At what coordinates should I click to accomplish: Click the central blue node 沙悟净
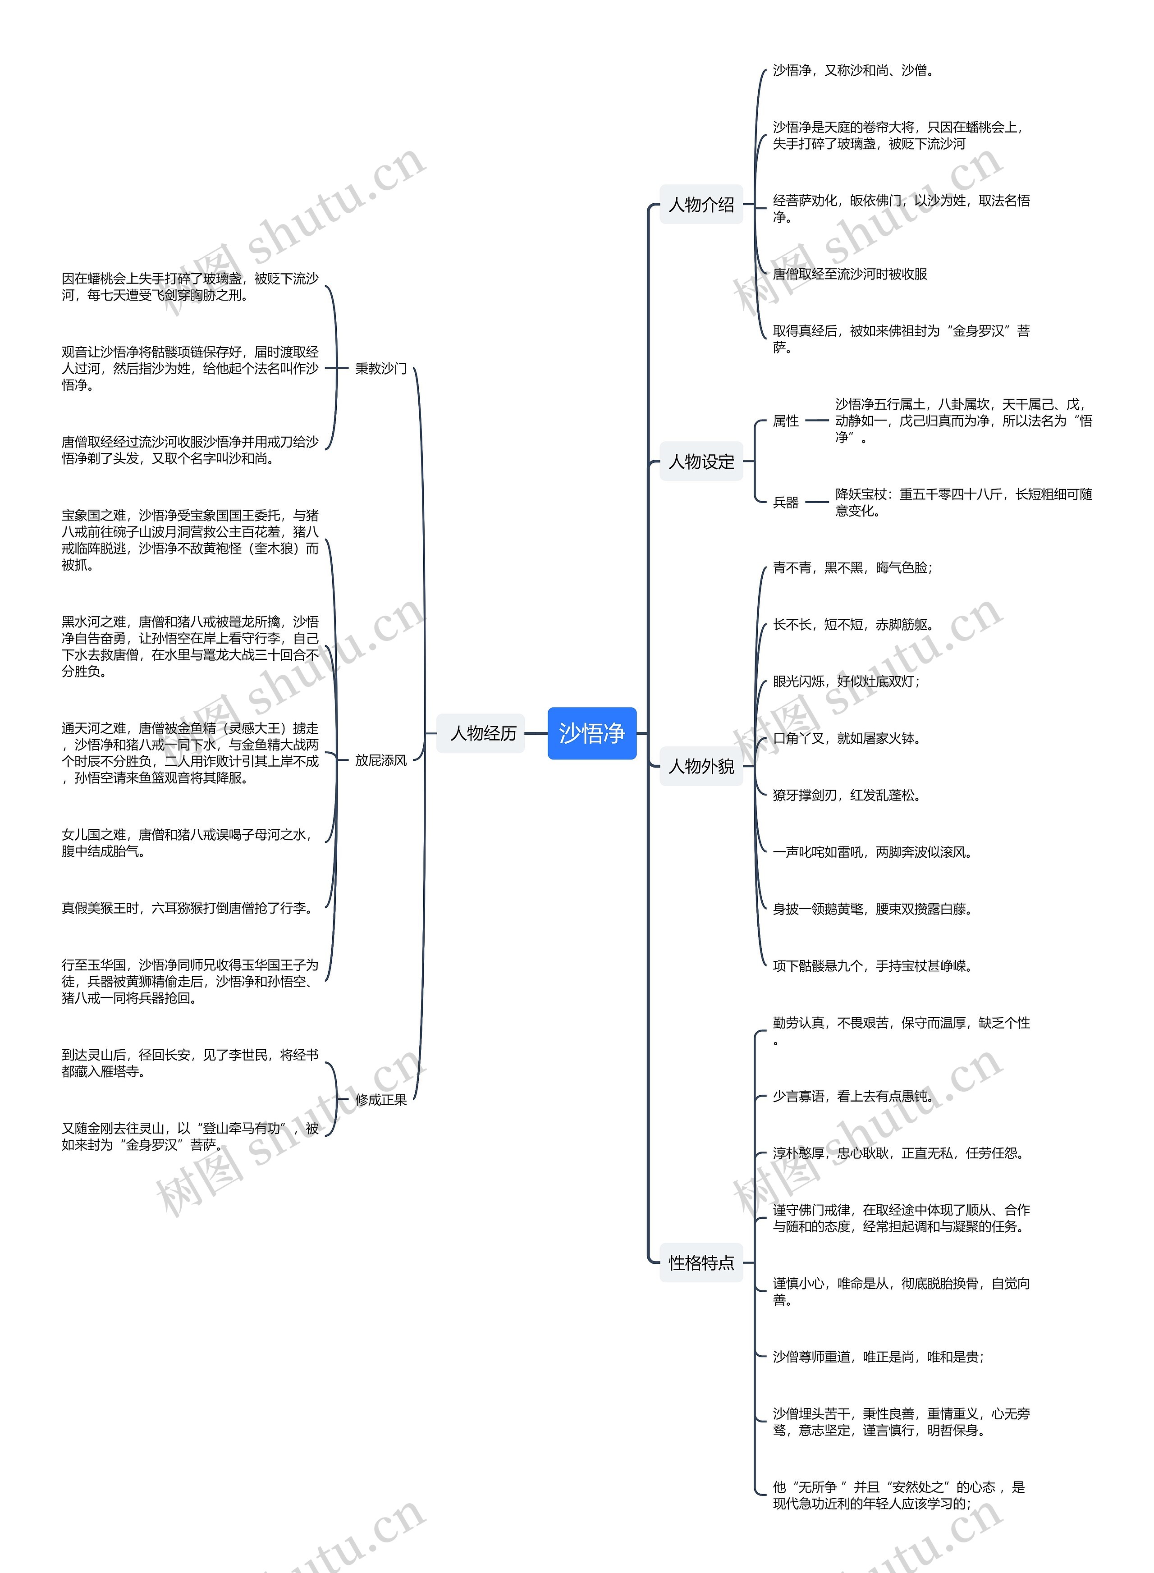click(x=592, y=733)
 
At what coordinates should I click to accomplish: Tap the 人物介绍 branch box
click(x=701, y=205)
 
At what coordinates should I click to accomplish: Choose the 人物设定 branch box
click(x=701, y=461)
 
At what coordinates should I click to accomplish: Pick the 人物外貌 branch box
click(x=701, y=766)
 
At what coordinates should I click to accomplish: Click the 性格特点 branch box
click(x=701, y=1262)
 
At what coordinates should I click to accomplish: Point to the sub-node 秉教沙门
click(x=381, y=368)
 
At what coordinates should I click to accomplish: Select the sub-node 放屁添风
click(x=381, y=760)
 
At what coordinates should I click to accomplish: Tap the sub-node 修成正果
click(x=381, y=1099)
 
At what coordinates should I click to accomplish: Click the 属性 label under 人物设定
click(x=785, y=421)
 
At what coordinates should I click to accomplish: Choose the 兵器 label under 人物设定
click(x=785, y=502)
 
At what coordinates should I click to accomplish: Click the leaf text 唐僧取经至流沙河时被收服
click(x=849, y=274)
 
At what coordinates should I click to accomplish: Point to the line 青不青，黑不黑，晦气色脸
click(x=852, y=568)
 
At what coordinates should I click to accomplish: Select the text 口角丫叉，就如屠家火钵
click(x=847, y=738)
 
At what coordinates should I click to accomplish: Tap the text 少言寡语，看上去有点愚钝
click(x=853, y=1096)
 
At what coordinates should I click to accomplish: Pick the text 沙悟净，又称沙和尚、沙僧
click(x=853, y=70)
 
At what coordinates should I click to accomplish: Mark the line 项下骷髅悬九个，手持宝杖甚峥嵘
click(x=872, y=965)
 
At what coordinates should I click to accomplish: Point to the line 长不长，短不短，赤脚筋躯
click(x=853, y=624)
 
